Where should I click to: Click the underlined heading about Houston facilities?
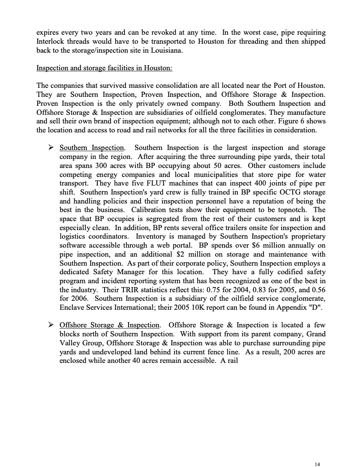(104, 68)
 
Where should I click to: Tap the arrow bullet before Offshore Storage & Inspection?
(51, 325)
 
